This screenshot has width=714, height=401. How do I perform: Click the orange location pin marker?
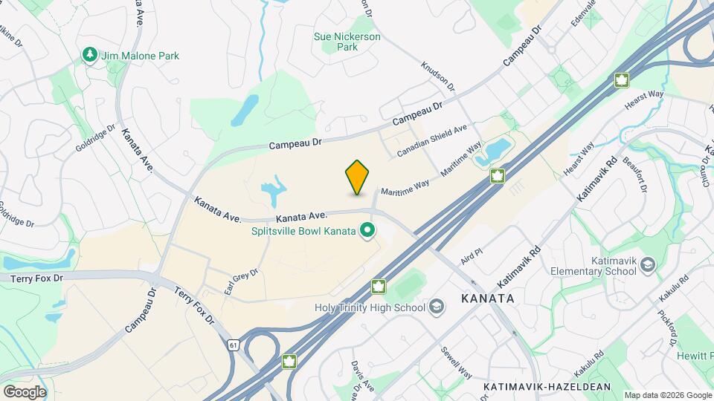click(357, 177)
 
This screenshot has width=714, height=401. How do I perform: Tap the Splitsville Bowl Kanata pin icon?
click(366, 232)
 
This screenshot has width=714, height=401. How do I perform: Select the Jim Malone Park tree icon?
click(89, 55)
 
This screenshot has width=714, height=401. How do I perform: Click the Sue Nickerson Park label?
click(347, 42)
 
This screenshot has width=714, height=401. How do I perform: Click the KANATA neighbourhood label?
click(487, 298)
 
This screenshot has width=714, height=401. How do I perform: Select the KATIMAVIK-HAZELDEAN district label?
click(547, 387)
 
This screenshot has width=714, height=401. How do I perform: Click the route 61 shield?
click(234, 345)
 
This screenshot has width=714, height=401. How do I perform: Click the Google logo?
click(25, 391)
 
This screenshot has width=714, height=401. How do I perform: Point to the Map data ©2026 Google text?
click(666, 395)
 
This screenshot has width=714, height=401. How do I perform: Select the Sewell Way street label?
click(455, 362)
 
